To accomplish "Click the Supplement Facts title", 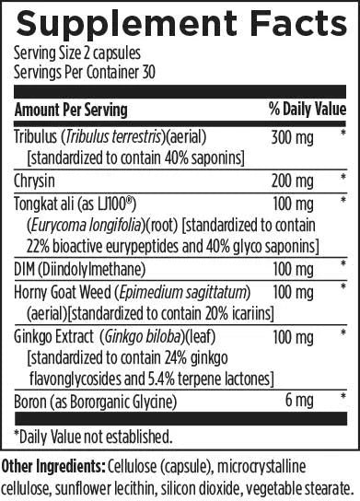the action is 180,23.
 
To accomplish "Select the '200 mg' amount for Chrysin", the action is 289,178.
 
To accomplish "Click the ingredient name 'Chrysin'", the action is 35,178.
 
